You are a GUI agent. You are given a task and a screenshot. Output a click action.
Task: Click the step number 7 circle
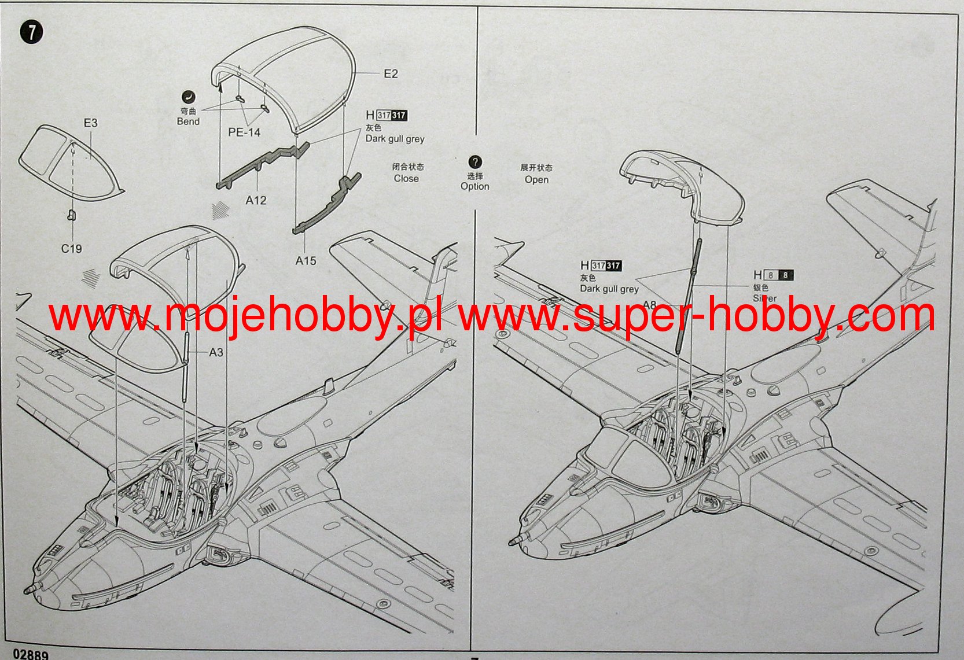click(31, 32)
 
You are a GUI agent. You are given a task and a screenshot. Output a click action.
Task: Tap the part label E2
click(391, 74)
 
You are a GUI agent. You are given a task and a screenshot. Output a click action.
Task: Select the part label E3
click(91, 123)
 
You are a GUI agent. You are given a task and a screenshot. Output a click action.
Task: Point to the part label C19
click(72, 249)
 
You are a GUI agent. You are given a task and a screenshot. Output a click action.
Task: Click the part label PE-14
click(244, 132)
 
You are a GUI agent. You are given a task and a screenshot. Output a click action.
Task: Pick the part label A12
click(256, 200)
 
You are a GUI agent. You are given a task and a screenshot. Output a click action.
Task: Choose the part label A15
click(306, 261)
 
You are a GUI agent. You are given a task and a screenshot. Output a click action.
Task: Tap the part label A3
click(216, 352)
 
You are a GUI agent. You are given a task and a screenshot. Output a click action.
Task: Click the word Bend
click(188, 121)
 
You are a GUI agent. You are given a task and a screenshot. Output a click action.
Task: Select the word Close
click(406, 179)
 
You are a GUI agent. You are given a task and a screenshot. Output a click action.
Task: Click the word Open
click(536, 180)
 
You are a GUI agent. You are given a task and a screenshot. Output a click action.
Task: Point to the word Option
click(474, 186)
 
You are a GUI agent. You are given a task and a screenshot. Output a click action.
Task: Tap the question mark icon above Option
click(474, 162)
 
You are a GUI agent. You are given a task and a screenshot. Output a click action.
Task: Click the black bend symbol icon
click(188, 97)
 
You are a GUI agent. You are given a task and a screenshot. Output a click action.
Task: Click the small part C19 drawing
click(71, 216)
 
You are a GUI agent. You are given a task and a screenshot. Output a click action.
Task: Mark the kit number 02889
click(30, 654)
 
